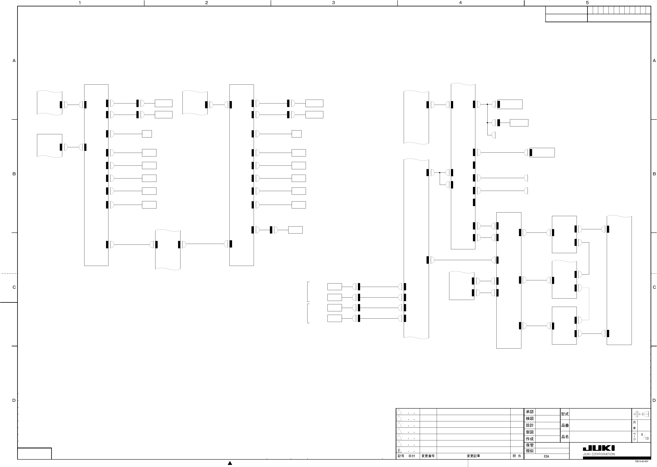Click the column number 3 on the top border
click(x=334, y=3)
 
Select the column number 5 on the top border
click(x=587, y=3)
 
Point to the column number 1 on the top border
click(x=80, y=3)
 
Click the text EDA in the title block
click(x=546, y=456)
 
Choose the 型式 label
click(x=565, y=414)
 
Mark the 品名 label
click(x=565, y=437)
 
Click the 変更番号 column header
click(x=428, y=456)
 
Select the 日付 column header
click(x=412, y=456)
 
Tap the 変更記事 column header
click(x=473, y=456)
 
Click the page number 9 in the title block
click(x=642, y=435)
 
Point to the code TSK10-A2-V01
click(x=641, y=462)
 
